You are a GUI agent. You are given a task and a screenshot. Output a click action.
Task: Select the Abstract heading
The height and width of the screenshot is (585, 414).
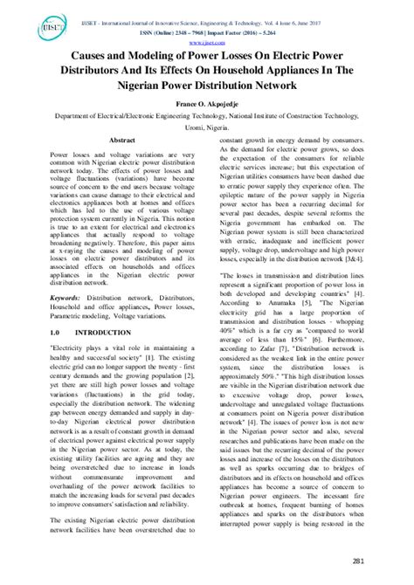pos(121,140)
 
